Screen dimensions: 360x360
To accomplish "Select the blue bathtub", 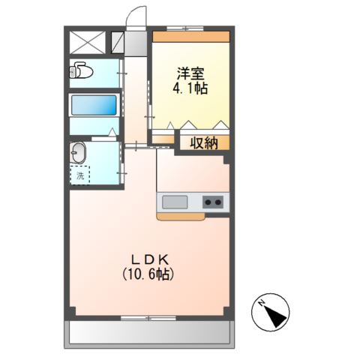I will click(94, 104).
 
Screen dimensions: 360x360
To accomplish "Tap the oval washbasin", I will click(79, 154).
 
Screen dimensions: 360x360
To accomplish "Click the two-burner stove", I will click(212, 202).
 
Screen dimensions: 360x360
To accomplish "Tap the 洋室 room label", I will click(190, 73).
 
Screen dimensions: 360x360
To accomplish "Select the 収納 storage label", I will click(202, 142).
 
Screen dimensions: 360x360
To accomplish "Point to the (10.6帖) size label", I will click(148, 275).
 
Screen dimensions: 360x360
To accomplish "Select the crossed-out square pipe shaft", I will click(85, 42).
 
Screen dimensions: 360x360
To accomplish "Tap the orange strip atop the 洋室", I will click(190, 36).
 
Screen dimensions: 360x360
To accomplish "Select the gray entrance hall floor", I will click(135, 43).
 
